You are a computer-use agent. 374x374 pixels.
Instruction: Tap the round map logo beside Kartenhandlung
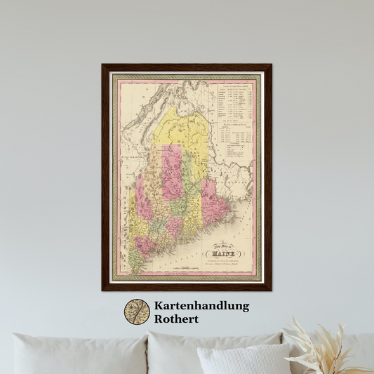tap(137, 312)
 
